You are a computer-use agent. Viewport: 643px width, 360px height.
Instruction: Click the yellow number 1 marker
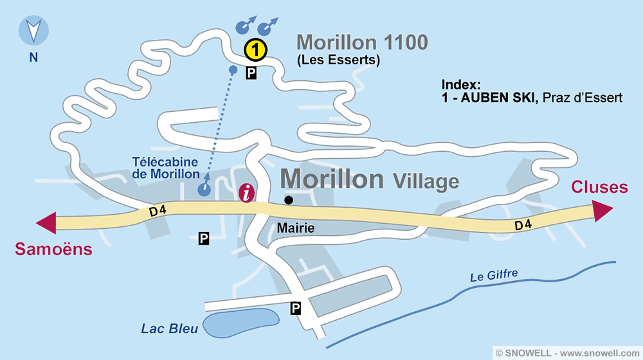(x=255, y=48)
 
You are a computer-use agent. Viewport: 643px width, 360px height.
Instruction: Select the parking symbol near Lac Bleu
(x=296, y=309)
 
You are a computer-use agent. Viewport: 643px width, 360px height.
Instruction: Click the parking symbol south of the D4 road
(x=203, y=239)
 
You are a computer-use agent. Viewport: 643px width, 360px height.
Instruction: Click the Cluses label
(x=599, y=187)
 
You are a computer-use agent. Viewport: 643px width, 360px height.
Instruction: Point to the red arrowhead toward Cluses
(x=602, y=210)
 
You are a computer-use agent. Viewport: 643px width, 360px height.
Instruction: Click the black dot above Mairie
(x=289, y=200)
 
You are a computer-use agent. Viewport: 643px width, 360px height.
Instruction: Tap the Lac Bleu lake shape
(x=241, y=323)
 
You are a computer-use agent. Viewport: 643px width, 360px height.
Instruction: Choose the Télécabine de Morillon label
(x=166, y=168)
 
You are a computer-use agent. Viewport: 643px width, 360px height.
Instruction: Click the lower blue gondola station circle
(x=204, y=189)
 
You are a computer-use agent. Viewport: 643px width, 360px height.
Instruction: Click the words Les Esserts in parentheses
(x=338, y=61)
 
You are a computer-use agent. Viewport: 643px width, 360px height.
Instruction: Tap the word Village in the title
(x=425, y=181)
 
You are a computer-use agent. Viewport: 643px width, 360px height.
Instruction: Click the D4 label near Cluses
(x=523, y=225)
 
